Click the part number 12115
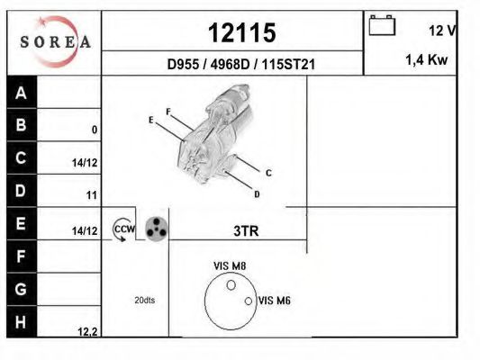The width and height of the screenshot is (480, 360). [241, 33]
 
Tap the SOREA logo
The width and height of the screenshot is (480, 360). [55, 41]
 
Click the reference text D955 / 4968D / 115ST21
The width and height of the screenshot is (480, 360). [240, 65]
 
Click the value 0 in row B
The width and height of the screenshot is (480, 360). [94, 130]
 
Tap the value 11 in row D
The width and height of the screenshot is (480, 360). [91, 195]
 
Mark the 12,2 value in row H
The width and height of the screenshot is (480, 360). [87, 331]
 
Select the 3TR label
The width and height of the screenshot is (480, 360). [246, 231]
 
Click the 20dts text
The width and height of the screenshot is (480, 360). [143, 300]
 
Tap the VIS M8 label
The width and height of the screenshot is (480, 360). [230, 265]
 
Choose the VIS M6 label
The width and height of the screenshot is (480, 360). [275, 301]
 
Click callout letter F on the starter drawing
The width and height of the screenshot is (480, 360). [168, 112]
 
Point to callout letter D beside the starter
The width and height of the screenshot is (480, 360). [257, 193]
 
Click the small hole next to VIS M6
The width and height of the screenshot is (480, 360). [249, 301]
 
